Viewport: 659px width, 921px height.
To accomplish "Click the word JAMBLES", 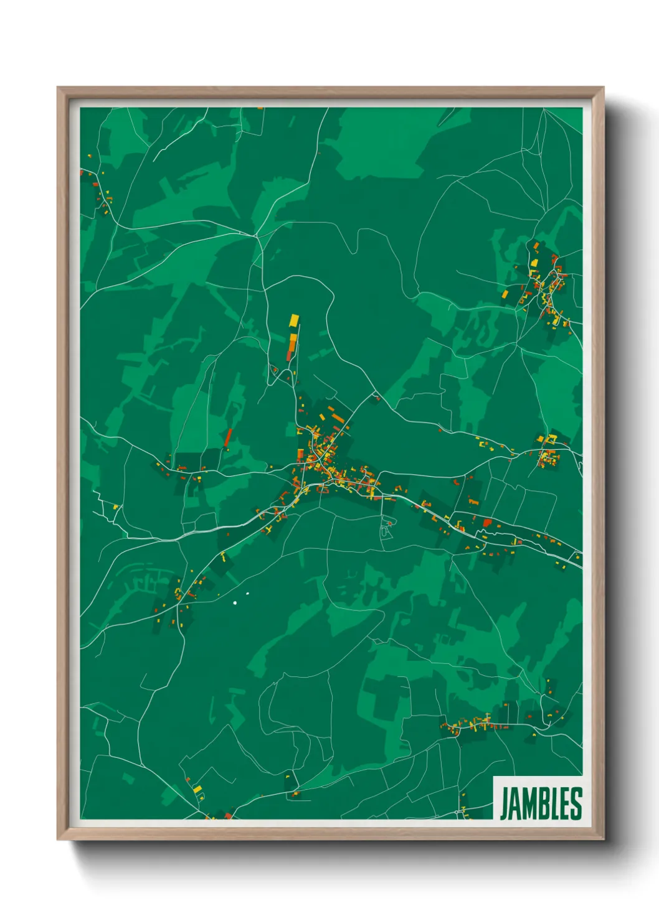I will [x=541, y=803].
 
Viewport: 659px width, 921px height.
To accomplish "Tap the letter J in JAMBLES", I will [x=505, y=803].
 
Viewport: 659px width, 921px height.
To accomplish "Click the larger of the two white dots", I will [x=235, y=602].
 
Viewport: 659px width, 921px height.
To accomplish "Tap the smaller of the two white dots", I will [x=247, y=593].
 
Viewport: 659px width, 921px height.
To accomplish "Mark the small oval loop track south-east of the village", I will [x=386, y=532].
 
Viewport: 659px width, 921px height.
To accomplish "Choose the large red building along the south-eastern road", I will [x=487, y=523].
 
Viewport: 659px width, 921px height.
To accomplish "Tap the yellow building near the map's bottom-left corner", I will [x=197, y=790].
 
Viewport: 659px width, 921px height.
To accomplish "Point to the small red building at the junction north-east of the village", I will [x=376, y=396].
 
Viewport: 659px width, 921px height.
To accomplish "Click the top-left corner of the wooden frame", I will [x=59, y=88].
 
